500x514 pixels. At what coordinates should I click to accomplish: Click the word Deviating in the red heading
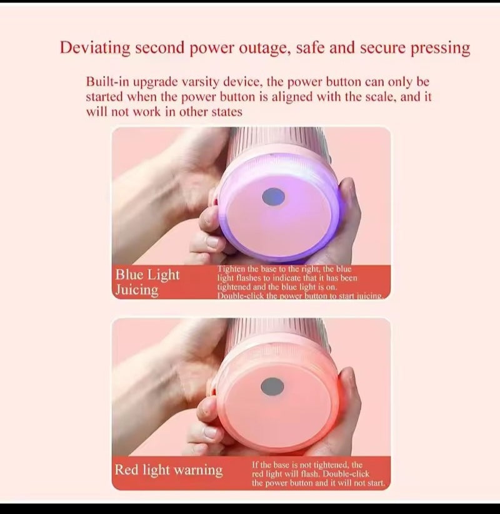94,48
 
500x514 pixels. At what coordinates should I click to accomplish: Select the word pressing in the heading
440,48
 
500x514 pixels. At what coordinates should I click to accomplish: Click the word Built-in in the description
107,82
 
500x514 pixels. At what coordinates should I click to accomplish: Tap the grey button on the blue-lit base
273,197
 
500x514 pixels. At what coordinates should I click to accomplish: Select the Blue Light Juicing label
147,282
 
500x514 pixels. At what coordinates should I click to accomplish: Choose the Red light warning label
168,470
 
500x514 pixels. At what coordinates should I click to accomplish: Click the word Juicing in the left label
137,290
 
